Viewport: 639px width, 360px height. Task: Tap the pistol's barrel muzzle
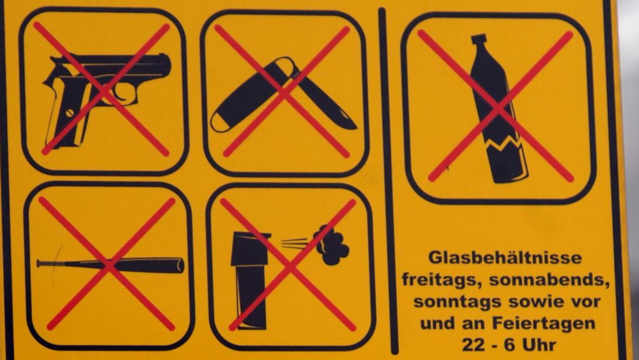[x=167, y=65]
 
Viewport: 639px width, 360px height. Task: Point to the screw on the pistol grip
[x=70, y=111]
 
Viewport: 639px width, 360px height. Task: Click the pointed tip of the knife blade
[x=355, y=127]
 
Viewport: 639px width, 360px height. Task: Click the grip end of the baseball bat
[x=40, y=263]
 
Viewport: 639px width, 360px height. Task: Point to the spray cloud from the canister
[x=331, y=245]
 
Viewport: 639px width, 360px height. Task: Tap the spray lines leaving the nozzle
[x=294, y=244]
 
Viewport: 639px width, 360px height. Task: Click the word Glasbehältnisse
[x=505, y=258]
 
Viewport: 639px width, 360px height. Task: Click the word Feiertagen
[x=544, y=324]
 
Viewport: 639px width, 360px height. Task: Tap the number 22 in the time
[x=474, y=345]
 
